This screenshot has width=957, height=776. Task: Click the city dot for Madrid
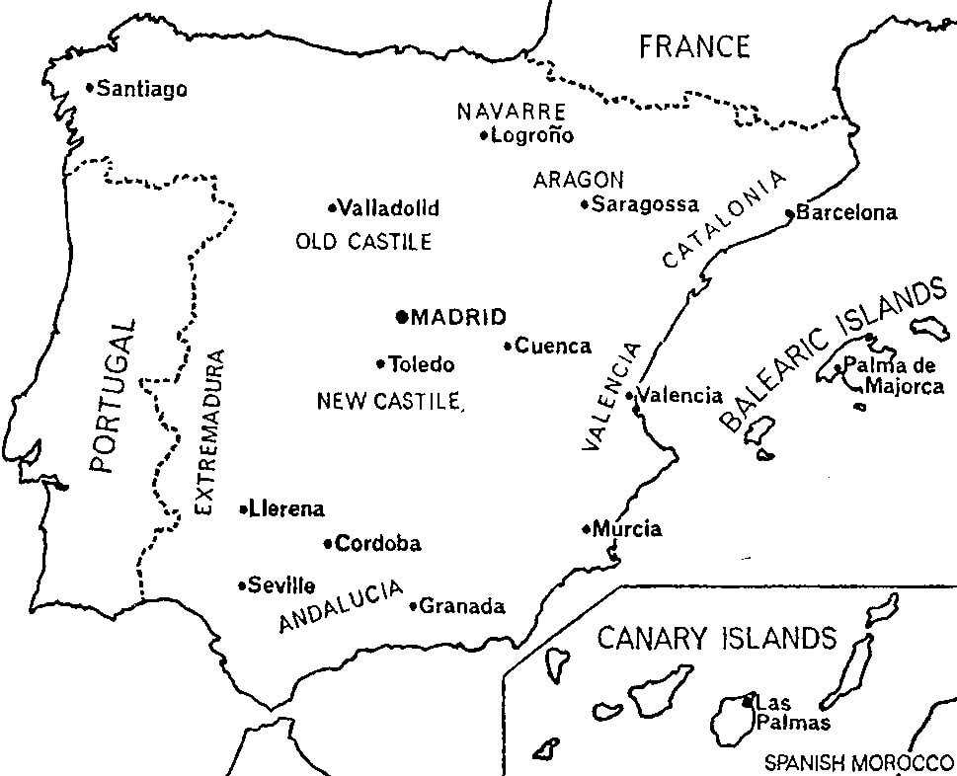(x=401, y=317)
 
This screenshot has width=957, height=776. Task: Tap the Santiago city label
(x=142, y=89)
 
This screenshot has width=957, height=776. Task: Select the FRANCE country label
(x=694, y=46)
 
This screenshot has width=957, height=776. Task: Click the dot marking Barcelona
(x=789, y=213)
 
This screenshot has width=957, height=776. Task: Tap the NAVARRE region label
(x=511, y=112)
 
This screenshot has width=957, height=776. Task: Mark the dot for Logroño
(x=483, y=136)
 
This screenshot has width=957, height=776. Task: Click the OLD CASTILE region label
(x=363, y=242)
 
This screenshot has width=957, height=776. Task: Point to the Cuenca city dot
(x=508, y=347)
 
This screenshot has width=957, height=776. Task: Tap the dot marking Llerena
(x=243, y=509)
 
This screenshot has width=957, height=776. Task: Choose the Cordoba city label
(x=378, y=544)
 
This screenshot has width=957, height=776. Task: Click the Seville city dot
(x=242, y=585)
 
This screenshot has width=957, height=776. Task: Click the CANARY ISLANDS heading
(x=716, y=639)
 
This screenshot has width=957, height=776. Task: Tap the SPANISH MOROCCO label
(x=855, y=763)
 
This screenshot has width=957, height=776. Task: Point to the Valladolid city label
(x=388, y=209)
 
